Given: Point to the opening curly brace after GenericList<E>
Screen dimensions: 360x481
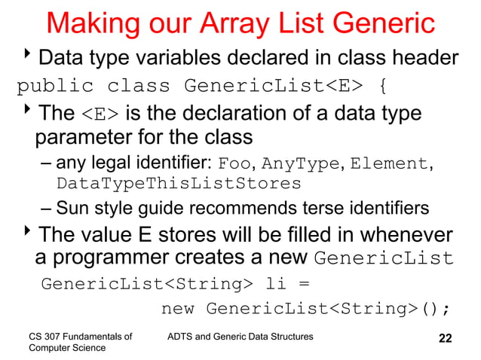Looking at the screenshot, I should point(384,84).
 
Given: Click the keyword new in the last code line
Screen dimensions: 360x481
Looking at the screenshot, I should point(179,309).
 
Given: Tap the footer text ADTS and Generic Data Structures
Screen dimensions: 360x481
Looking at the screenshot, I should point(240,335).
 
